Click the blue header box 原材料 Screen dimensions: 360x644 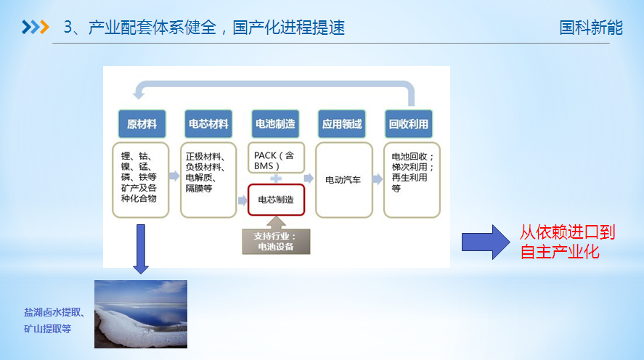(141, 124)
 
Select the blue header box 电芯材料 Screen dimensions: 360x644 (208, 124)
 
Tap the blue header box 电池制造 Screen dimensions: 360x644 (276, 124)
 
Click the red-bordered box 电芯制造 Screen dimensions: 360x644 (276, 200)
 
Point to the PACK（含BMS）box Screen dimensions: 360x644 (276, 160)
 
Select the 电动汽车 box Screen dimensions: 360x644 (343, 179)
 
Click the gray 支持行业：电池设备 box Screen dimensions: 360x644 (276, 241)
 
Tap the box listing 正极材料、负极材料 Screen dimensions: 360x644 (208, 179)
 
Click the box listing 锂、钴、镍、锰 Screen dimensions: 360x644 (141, 179)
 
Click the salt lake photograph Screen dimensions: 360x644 (141, 314)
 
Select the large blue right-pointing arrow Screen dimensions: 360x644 (486, 242)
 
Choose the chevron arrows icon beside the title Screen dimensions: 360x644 (35, 28)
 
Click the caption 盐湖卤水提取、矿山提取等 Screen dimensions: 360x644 (54, 320)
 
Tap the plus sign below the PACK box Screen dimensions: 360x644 (276, 178)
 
